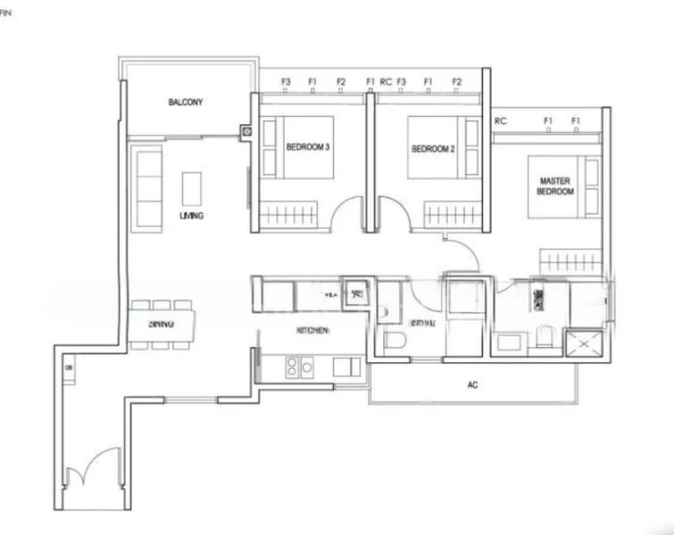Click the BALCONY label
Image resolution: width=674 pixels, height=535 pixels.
(x=186, y=103)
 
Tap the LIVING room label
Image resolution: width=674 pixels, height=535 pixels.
(x=191, y=216)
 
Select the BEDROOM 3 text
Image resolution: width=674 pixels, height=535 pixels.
(x=309, y=148)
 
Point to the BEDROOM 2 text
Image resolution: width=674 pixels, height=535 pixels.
(x=433, y=149)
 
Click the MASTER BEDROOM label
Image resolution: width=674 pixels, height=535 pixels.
(x=555, y=186)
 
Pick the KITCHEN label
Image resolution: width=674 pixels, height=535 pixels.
(x=313, y=331)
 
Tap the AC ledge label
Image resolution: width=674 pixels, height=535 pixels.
(x=473, y=387)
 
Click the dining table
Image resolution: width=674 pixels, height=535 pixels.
(x=162, y=325)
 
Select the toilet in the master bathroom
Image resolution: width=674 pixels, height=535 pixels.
(x=544, y=338)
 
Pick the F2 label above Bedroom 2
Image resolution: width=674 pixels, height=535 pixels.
(x=457, y=81)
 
